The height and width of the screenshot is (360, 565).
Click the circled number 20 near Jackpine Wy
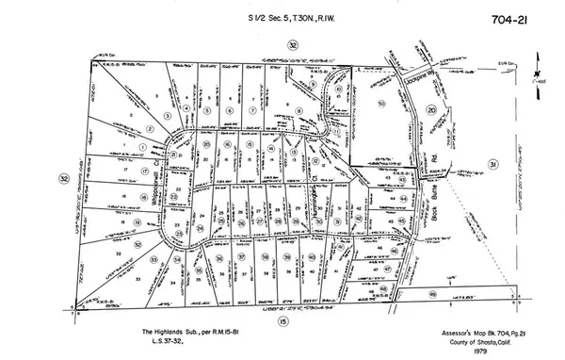431,109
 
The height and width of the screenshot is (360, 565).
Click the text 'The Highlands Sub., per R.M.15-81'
179,332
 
